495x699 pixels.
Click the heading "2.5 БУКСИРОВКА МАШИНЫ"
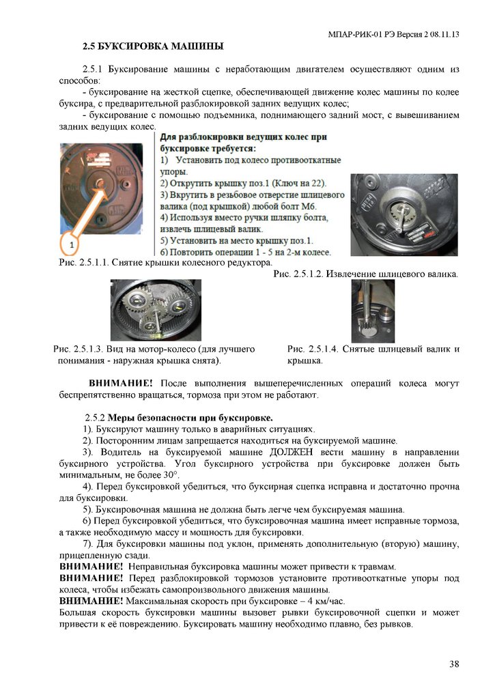153,47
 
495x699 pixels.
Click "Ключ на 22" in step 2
298,183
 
